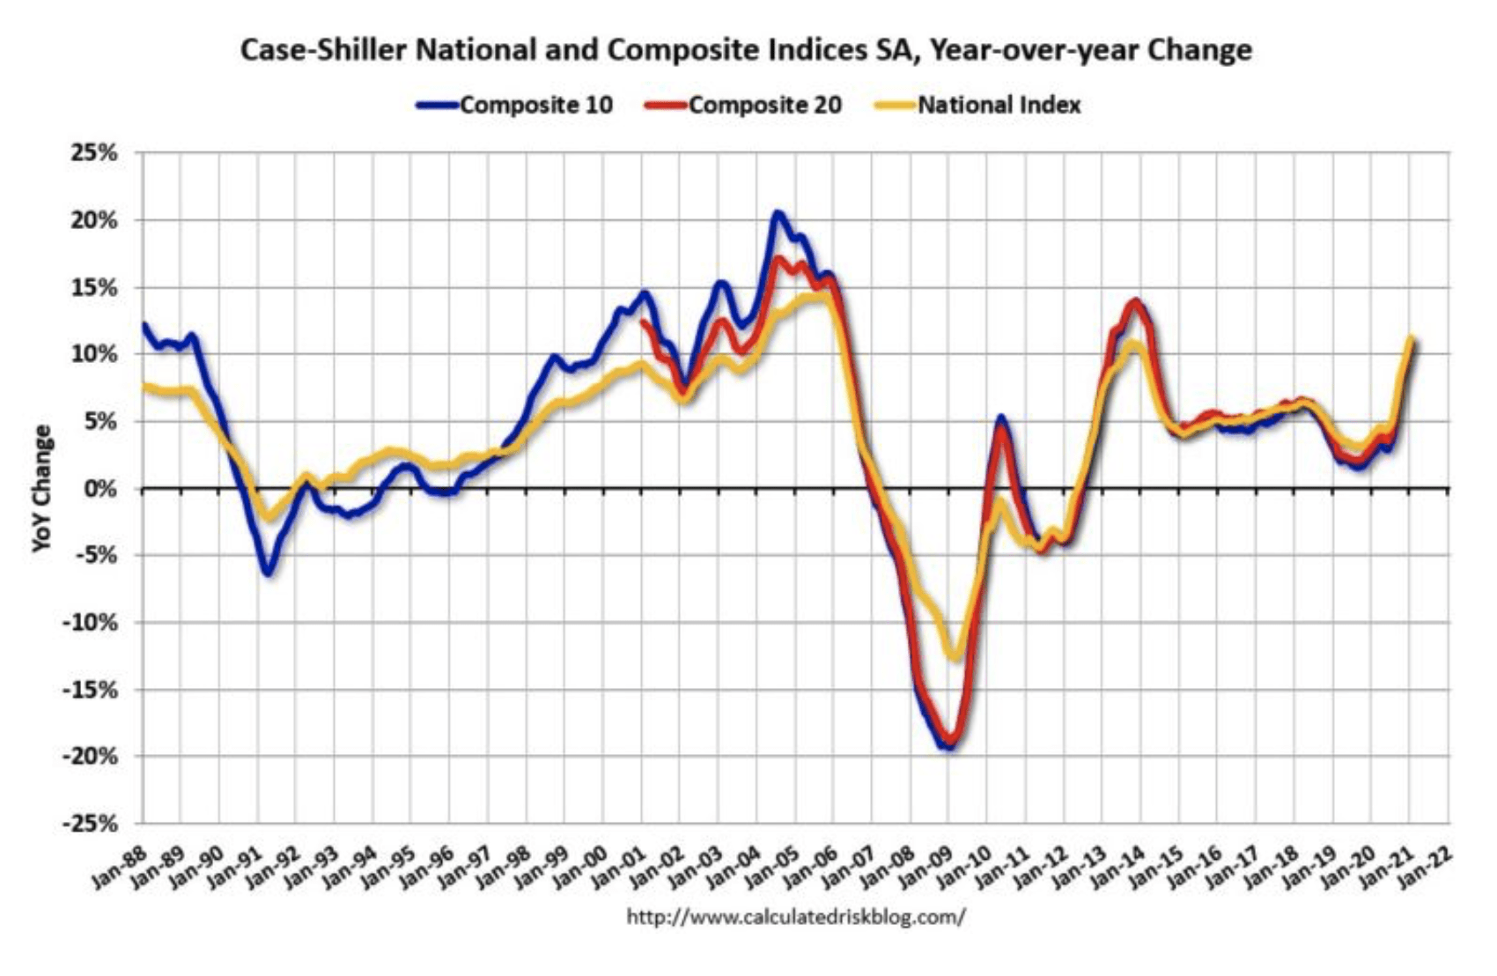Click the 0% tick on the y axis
102,489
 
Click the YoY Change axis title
41,489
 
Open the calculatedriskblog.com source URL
795,917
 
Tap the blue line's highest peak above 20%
778,213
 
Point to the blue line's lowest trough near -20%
948,746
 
